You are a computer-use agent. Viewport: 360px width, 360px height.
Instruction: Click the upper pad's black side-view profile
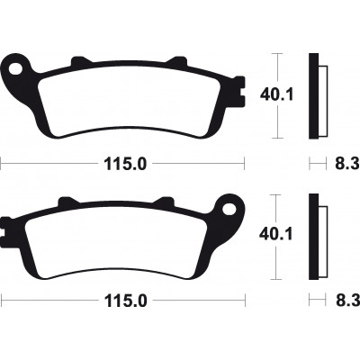[313, 94]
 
